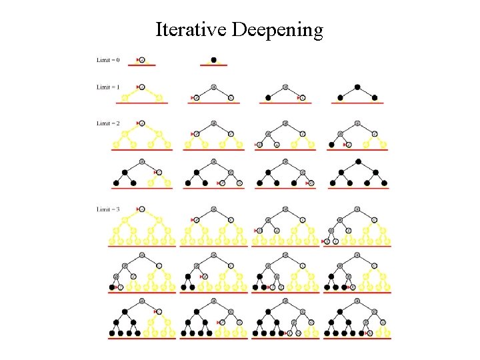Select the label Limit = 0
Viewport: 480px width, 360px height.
point(108,60)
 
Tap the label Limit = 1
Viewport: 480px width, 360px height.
point(108,87)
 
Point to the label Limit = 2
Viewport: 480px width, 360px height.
point(108,123)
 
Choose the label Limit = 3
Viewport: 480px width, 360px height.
point(108,209)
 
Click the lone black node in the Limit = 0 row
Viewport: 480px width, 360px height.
point(214,60)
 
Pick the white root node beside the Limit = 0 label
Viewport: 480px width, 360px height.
point(142,60)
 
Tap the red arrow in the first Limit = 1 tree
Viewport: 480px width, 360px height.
point(137,87)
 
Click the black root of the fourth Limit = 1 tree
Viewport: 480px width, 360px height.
point(357,87)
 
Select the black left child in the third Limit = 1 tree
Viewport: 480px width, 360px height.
point(268,98)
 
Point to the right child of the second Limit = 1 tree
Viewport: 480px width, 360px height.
point(231,98)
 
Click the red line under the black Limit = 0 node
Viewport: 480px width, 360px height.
point(214,65)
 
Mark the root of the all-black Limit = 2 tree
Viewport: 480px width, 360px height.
point(359,161)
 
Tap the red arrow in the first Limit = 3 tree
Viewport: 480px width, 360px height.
point(137,209)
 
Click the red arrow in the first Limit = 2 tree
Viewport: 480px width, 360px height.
point(137,123)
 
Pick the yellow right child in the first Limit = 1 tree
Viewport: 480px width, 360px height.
point(159,98)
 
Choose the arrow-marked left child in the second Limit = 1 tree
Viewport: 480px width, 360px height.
point(197,98)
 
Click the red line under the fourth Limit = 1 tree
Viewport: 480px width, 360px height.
point(357,103)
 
